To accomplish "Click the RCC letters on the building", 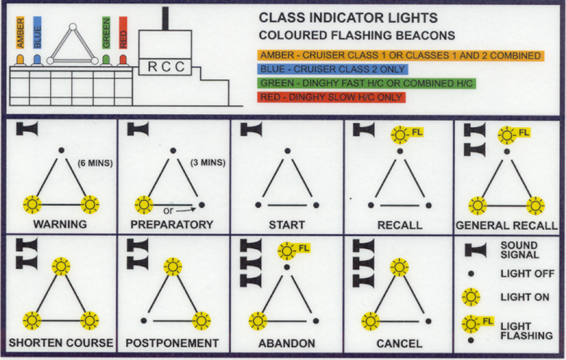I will coord(166,67).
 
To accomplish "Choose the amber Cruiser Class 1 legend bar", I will coord(399,55).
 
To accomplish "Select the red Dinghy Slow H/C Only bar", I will coord(330,97).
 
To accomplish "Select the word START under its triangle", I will coord(287,225).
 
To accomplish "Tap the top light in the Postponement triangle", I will coord(173,267).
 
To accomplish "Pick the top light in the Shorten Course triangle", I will coord(60,267).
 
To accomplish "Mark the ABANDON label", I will coord(287,343).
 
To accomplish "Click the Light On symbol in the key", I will coord(472,297).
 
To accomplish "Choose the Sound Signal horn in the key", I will coord(474,250).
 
